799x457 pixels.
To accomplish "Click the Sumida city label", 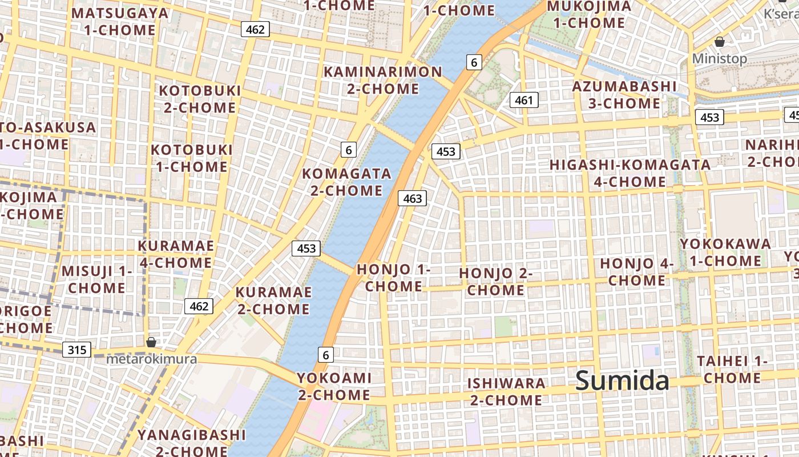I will click(x=622, y=381).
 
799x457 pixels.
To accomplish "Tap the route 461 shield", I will click(x=523, y=101).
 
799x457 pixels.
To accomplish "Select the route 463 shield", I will click(x=412, y=198).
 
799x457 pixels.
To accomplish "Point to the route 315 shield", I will click(x=76, y=349).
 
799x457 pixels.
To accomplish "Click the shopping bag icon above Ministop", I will click(x=720, y=42).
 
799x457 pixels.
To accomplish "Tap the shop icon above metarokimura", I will click(x=151, y=342).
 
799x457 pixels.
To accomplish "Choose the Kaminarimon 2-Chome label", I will click(x=383, y=81).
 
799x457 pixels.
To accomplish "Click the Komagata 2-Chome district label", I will click(x=346, y=182).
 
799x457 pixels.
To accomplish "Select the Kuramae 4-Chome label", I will click(x=176, y=254).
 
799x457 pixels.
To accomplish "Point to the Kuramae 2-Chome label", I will click(x=274, y=300).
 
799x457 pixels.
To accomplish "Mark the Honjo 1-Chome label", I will click(x=393, y=278).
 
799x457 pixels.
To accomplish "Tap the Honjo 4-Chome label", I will click(x=636, y=272).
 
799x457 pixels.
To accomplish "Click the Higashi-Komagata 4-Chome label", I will click(x=630, y=173).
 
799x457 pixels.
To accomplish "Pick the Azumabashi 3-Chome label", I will click(x=624, y=95).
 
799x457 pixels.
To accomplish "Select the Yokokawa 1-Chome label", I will click(x=725, y=252).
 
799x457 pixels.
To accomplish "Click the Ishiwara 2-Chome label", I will click(x=506, y=391).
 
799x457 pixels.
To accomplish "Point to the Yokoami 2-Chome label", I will click(x=334, y=386).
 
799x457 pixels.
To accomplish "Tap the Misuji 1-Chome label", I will click(x=96, y=279).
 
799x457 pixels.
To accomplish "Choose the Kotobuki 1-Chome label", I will click(x=192, y=158).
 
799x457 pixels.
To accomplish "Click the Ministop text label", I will click(x=719, y=59).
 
